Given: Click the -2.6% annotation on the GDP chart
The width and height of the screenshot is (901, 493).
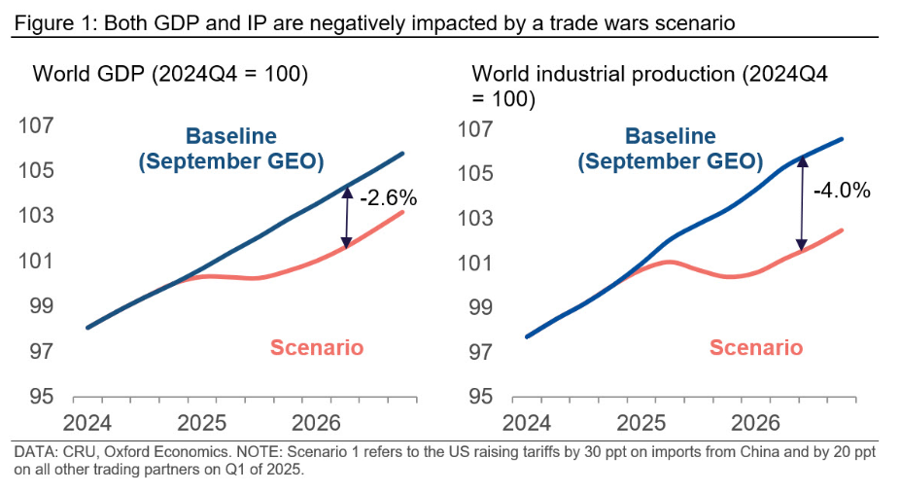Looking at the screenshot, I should (x=388, y=198).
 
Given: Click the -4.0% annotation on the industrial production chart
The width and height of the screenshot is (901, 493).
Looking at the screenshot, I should (x=841, y=190).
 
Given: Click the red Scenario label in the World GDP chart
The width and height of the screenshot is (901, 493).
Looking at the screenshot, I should (x=317, y=347).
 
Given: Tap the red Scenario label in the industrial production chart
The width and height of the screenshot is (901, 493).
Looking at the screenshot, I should (x=756, y=347).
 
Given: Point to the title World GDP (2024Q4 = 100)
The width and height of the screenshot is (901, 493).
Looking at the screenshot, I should (x=171, y=73).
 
